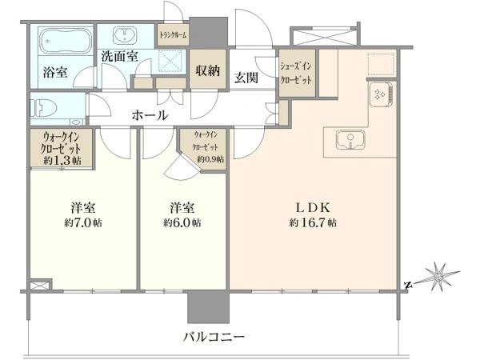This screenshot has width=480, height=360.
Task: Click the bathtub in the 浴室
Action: tap(66, 41)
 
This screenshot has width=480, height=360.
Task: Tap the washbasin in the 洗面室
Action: tap(125, 34)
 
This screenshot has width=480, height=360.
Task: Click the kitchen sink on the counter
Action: tap(350, 139)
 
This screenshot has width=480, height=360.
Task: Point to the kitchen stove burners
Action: tap(381, 94)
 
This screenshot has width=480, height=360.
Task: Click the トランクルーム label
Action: tap(174, 35)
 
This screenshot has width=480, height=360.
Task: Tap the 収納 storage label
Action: tap(207, 70)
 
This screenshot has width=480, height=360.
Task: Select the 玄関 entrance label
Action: tap(246, 78)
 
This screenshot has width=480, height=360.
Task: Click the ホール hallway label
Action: tap(150, 115)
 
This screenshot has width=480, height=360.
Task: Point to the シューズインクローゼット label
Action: tap(296, 73)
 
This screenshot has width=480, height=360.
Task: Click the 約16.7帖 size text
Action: tap(313, 222)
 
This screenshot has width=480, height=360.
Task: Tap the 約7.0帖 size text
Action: tap(83, 222)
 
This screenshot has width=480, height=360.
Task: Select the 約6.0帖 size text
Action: tap(182, 222)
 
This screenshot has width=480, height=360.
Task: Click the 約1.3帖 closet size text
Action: tap(62, 161)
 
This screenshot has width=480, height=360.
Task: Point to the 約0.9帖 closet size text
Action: tap(210, 159)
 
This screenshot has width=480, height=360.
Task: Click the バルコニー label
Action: tap(214, 338)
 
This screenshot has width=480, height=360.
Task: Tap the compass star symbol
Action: tap(438, 278)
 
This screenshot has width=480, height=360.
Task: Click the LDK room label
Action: tap(313, 208)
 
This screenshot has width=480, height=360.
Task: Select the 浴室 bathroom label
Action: tap(55, 72)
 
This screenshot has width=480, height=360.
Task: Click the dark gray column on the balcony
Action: tap(208, 306)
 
